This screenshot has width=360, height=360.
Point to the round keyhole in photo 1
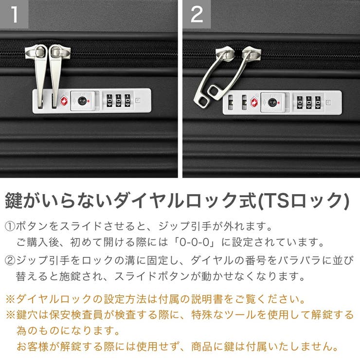[81, 101]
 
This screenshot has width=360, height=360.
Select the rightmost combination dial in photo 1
[127, 101]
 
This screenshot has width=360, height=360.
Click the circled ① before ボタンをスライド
[10, 227]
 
